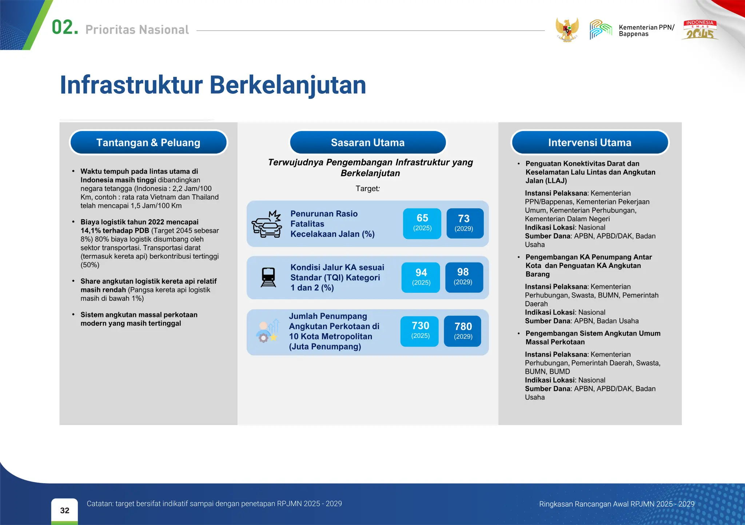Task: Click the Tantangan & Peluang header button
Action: tap(148, 142)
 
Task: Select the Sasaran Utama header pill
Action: tap(367, 142)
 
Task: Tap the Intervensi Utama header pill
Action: tap(589, 142)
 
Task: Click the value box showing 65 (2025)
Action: tap(422, 223)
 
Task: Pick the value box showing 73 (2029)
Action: tap(465, 223)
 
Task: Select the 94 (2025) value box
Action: tap(421, 277)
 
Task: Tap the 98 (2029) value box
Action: tap(464, 277)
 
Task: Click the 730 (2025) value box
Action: tap(420, 331)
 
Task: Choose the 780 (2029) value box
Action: tap(463, 331)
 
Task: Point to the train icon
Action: tap(268, 277)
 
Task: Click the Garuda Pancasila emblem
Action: tap(567, 30)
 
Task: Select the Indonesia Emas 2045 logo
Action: tap(700, 30)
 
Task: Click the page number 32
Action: tap(64, 510)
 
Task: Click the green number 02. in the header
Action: tap(65, 28)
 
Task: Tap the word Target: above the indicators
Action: tap(367, 189)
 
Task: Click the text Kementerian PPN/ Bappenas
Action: tap(646, 31)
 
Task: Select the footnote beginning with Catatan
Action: tap(214, 504)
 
